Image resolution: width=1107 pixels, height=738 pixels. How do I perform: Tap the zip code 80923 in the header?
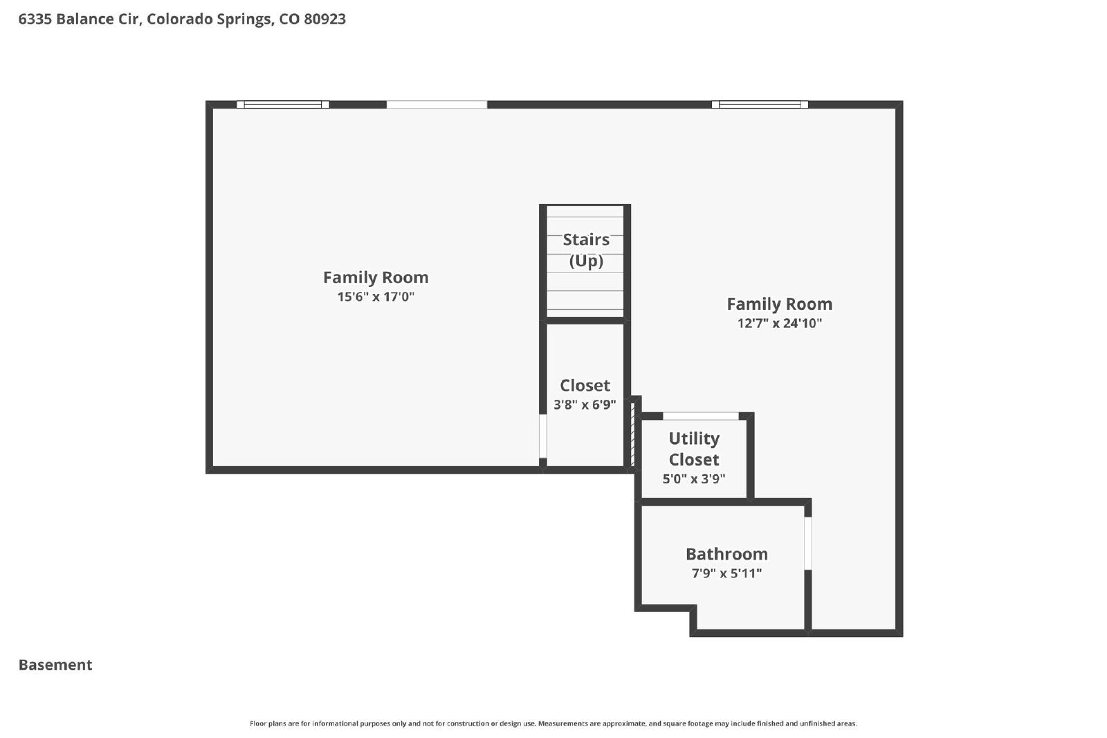(324, 19)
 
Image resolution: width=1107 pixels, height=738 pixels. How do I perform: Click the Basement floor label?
(55, 665)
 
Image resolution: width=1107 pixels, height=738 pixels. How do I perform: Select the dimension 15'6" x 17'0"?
(376, 297)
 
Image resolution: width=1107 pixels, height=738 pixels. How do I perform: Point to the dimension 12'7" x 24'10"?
(779, 323)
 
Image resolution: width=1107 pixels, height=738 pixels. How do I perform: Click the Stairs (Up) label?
(586, 250)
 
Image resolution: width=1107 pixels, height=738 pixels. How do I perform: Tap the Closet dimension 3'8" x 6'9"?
(585, 405)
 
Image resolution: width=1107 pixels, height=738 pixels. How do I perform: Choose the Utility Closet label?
(694, 449)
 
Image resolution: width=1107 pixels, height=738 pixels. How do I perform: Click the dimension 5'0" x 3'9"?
(694, 479)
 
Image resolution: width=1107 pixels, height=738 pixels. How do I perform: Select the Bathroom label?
(726, 554)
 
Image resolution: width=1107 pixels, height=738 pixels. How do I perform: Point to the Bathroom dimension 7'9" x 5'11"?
(726, 573)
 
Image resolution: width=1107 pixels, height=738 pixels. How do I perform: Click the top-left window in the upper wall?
(283, 104)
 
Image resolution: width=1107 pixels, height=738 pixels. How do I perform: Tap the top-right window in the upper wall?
(760, 104)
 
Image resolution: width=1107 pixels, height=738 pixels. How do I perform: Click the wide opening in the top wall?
(437, 104)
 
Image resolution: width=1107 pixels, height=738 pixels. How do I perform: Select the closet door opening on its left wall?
(542, 436)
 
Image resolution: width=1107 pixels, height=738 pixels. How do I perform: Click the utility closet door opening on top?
(701, 416)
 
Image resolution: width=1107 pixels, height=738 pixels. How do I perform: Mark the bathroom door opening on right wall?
(808, 544)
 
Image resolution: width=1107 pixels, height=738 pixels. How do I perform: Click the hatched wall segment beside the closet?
(632, 434)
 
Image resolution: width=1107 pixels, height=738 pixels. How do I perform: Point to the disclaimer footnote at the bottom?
(553, 723)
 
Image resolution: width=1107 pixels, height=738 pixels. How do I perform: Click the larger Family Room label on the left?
(376, 277)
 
